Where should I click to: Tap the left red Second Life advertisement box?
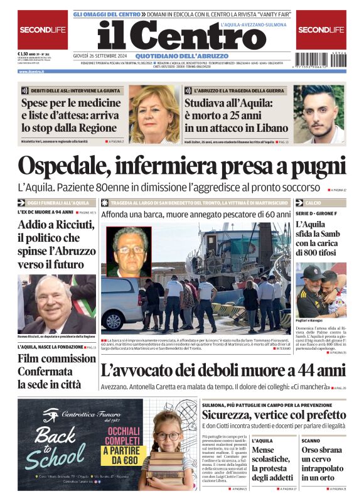[x=42, y=30]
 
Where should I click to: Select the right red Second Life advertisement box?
[x=321, y=30]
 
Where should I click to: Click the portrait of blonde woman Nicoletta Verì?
[x=153, y=114]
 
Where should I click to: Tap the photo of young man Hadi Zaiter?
[x=319, y=114]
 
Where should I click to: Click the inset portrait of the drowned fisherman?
[x=129, y=252]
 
